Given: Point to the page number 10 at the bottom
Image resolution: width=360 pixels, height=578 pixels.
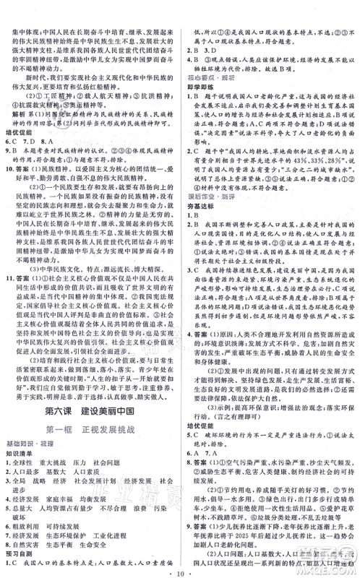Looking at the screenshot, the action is click(180, 570).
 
